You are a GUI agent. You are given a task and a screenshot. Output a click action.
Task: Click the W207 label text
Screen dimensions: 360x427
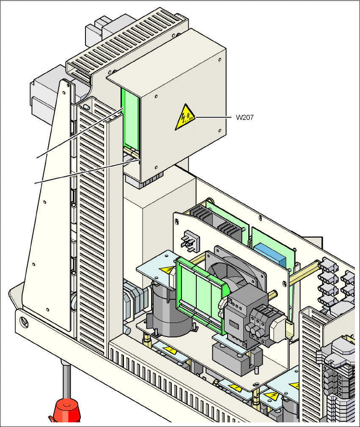245,118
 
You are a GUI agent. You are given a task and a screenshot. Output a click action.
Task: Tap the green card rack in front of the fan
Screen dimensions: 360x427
199,292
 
